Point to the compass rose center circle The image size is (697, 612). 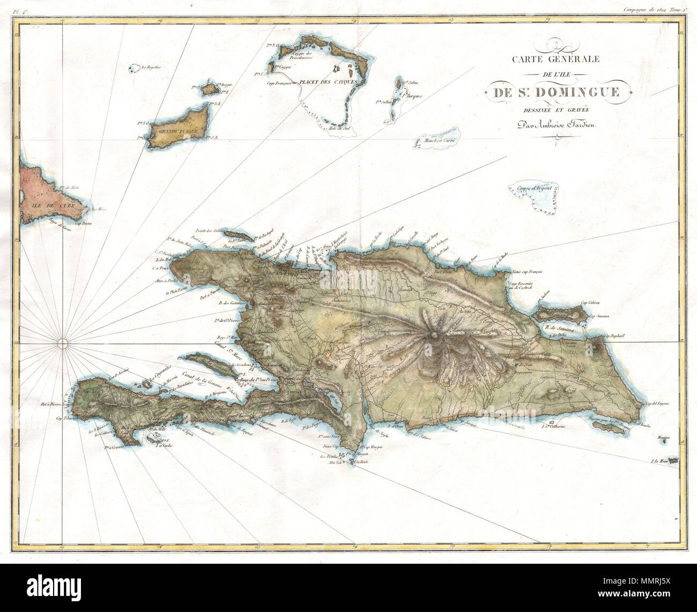tap(62, 342)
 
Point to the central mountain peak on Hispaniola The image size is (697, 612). tap(433, 336)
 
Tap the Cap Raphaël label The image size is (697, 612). tap(615, 337)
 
